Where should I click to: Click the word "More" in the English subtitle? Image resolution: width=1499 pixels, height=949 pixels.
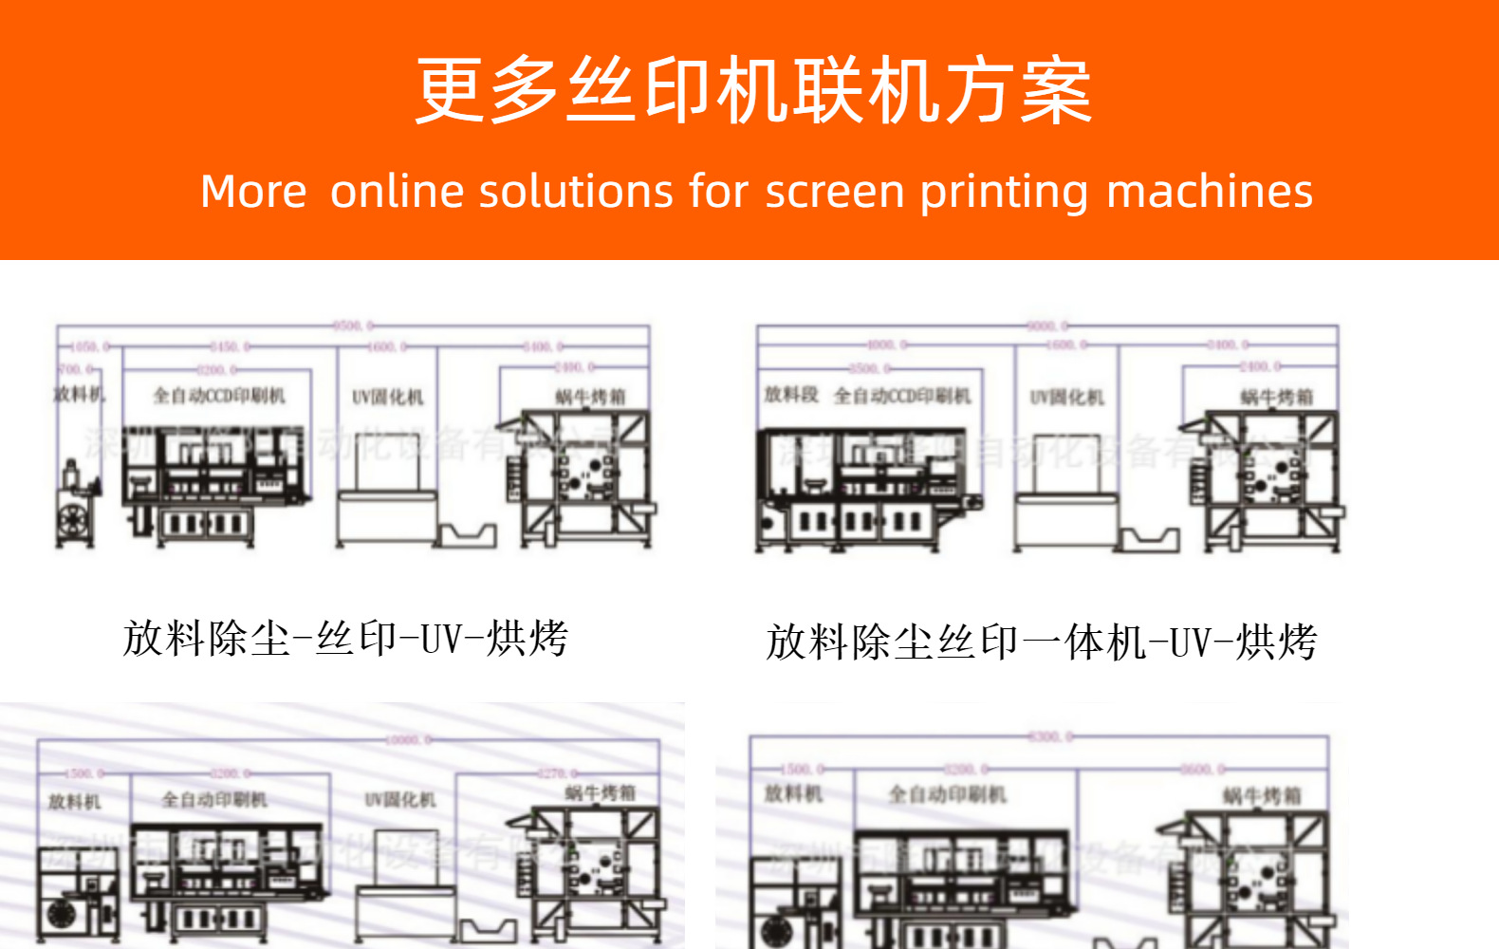point(253,192)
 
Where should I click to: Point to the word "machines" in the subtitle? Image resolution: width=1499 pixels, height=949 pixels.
point(1210,192)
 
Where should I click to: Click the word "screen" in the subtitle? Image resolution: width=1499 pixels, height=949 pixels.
point(835,193)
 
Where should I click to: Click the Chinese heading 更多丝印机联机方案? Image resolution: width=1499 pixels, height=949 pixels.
point(753,90)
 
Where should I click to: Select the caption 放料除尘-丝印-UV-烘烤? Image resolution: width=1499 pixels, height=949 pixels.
point(345,639)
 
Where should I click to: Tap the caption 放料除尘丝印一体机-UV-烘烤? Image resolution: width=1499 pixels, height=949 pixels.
point(1041,642)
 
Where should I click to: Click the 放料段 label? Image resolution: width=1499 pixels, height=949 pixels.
point(790,394)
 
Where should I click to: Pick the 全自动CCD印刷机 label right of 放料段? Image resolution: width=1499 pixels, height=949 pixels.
point(901,396)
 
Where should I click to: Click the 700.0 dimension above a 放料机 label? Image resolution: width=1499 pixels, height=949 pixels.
point(76,368)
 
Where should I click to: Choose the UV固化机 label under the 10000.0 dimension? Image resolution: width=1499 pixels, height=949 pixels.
point(400,800)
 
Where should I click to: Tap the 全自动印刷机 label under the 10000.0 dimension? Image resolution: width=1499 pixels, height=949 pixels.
point(213,800)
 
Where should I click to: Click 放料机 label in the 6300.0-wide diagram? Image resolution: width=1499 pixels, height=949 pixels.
point(793,793)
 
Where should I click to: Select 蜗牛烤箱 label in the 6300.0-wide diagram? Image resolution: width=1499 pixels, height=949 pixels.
point(1261,795)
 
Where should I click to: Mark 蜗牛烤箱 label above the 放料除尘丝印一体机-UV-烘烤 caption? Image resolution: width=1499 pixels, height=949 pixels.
point(1276,397)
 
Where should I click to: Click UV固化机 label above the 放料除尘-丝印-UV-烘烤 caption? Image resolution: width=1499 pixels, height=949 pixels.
point(387,397)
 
